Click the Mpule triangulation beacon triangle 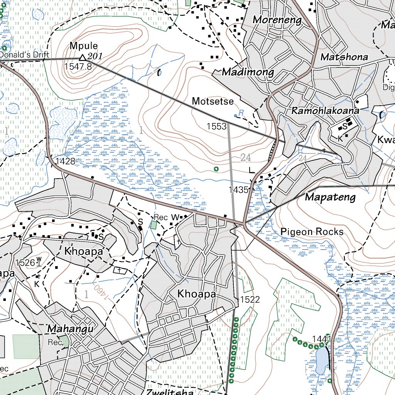click(82, 58)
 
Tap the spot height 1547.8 click(78, 66)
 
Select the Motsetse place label click(213, 101)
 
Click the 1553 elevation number click(216, 126)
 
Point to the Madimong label click(248, 72)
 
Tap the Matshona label click(344, 57)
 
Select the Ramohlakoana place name click(325, 111)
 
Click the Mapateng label click(330, 197)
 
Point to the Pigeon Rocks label click(312, 232)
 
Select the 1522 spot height click(250, 299)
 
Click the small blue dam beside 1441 click(321, 360)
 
